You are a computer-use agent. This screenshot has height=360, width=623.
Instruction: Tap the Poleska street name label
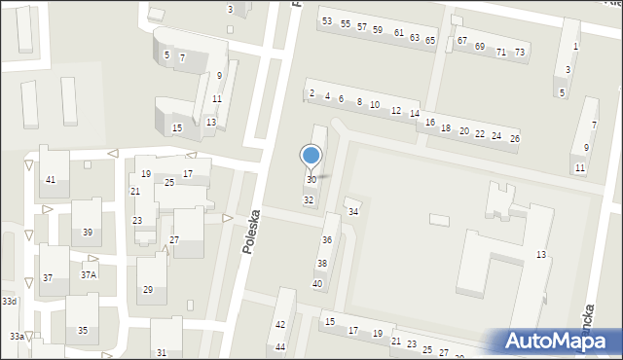252,233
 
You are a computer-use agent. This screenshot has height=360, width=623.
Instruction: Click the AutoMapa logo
556,340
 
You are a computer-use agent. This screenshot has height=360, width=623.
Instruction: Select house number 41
50,180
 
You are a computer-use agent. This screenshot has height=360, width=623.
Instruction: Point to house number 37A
89,275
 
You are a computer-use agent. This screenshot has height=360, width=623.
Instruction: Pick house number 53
327,20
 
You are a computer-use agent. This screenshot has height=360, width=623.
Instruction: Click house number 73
520,53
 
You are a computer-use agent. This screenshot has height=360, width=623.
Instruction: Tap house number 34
353,212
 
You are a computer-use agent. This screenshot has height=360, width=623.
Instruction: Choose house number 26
515,139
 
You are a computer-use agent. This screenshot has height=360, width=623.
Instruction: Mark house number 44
280,347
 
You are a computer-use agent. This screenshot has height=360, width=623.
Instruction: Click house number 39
88,232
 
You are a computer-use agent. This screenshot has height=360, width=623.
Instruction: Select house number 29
148,290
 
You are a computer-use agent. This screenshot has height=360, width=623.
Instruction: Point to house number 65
430,41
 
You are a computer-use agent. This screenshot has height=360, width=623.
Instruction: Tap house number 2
311,93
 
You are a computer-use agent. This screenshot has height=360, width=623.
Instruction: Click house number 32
309,200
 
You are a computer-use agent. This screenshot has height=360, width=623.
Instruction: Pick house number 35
83,331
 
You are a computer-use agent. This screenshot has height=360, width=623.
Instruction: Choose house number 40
316,283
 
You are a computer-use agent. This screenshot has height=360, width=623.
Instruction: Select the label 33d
9,303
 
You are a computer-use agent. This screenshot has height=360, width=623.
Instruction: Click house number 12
395,111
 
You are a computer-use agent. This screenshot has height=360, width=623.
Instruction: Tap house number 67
462,43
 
